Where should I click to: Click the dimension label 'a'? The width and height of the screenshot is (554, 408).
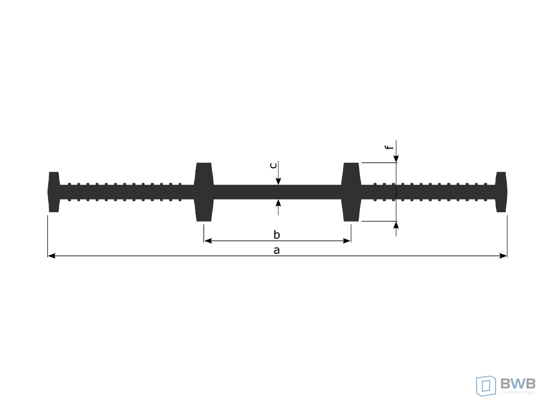pyautogui.click(x=276, y=250)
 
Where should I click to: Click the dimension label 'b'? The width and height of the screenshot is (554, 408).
pyautogui.click(x=276, y=235)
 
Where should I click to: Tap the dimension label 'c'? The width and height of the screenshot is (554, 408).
pyautogui.click(x=273, y=165)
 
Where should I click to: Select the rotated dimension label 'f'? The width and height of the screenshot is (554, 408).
pyautogui.click(x=389, y=147)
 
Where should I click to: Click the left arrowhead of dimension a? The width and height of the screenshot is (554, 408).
pyautogui.click(x=51, y=256)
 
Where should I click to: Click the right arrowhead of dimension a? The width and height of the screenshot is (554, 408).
pyautogui.click(x=503, y=256)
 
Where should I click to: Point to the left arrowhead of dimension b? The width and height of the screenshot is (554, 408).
pyautogui.click(x=208, y=241)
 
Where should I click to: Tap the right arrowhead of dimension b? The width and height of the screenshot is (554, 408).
pyautogui.click(x=347, y=241)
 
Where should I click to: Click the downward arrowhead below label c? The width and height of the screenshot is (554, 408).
pyautogui.click(x=279, y=181)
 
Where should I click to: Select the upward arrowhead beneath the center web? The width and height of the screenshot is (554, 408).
pyautogui.click(x=279, y=203)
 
